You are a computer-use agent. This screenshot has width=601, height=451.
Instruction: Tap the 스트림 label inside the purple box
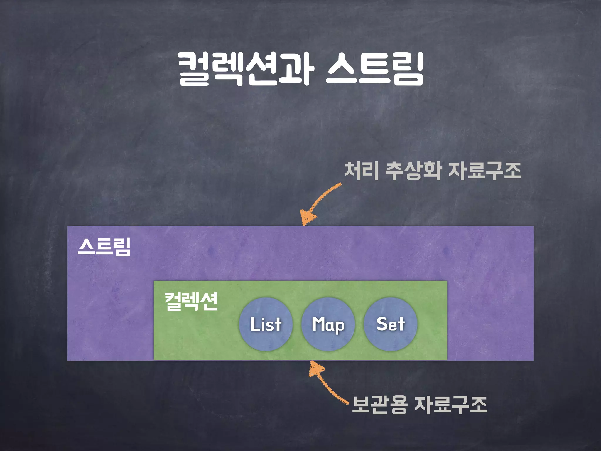pyautogui.click(x=104, y=247)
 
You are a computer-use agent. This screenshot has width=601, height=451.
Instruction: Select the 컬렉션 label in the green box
pyautogui.click(x=191, y=302)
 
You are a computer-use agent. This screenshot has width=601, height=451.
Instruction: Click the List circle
pyautogui.click(x=266, y=324)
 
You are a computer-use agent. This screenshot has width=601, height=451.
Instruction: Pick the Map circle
pyautogui.click(x=328, y=324)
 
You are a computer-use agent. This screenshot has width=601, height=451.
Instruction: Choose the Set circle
pyautogui.click(x=390, y=324)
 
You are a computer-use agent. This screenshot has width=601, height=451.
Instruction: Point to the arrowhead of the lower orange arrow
pyautogui.click(x=316, y=368)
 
